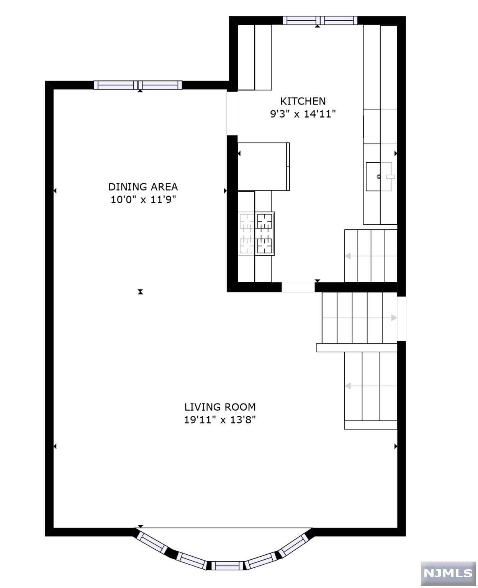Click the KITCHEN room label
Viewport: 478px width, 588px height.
point(303,101)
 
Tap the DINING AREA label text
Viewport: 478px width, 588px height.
point(143,187)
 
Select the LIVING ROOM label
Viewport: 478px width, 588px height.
point(220,407)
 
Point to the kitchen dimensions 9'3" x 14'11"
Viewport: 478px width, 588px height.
point(303,114)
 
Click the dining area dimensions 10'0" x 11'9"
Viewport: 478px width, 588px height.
point(143,200)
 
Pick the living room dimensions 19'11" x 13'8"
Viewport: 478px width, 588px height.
point(220,420)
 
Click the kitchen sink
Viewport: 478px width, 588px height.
point(379,176)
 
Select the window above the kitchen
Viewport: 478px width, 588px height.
point(320,20)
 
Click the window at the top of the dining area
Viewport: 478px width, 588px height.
point(138,85)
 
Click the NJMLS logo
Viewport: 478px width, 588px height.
point(448,573)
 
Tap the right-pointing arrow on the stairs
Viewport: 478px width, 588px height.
point(393,318)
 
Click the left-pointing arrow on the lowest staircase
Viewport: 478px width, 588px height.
point(348,386)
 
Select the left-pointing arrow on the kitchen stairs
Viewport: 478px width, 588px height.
point(348,256)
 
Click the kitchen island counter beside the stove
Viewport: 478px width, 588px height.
point(264,167)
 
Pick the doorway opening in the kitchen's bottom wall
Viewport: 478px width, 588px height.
point(298,287)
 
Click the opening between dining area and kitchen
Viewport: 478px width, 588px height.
point(232,113)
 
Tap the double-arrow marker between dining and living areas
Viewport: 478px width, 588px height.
point(141,292)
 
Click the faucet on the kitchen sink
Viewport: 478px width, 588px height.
point(390,176)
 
